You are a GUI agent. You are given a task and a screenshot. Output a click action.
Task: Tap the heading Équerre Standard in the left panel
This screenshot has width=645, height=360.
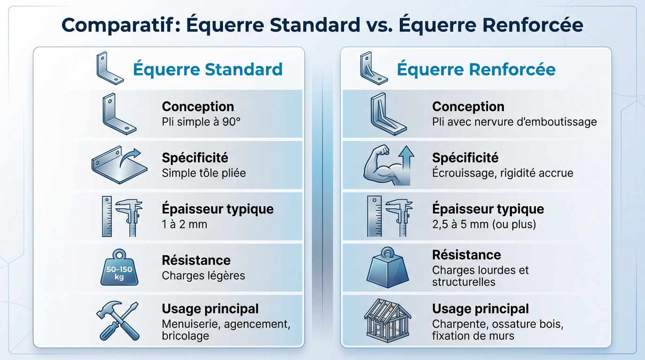tap(208, 69)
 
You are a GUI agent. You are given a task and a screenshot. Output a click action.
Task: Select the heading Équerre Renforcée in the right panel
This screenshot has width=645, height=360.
tap(476, 69)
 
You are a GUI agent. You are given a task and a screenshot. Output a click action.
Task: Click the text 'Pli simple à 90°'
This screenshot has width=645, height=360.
tap(201, 122)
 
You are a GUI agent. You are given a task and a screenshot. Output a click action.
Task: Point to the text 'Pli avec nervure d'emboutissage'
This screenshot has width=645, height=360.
tap(514, 122)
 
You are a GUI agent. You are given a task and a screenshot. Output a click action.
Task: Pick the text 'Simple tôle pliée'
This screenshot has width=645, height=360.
tap(204, 173)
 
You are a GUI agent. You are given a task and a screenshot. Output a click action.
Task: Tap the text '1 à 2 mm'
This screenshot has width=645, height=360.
tap(184, 224)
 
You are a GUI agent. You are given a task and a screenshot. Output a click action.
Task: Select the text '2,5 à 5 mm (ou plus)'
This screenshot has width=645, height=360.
tap(484, 224)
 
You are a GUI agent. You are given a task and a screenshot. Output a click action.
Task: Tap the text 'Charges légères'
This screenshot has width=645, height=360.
tap(203, 275)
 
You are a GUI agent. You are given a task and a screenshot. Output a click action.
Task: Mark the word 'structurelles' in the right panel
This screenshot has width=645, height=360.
tap(464, 282)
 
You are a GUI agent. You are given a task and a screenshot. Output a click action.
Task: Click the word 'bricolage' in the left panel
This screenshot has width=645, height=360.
tap(185, 336)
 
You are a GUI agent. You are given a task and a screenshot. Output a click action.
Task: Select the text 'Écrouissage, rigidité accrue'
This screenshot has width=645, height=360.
tap(502, 173)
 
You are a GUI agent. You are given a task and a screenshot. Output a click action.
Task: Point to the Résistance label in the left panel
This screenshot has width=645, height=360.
tap(196, 260)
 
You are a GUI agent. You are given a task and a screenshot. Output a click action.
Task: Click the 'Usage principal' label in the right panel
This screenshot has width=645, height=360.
tap(480, 309)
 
